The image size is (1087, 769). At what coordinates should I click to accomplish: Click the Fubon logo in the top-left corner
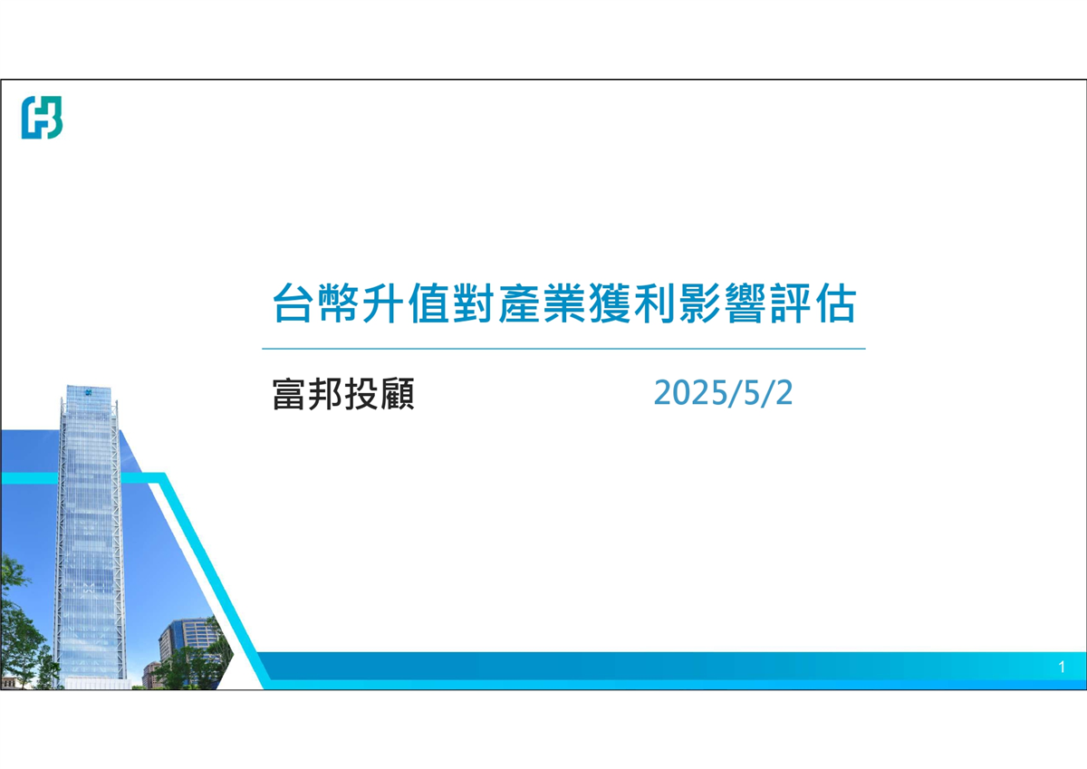43,118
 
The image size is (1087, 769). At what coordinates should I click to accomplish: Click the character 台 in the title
292,303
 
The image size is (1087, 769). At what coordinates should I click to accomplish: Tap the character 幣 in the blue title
338,303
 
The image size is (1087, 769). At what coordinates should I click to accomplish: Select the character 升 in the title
383,303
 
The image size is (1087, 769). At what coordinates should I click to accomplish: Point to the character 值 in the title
428,303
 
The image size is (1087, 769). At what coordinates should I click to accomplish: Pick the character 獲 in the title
610,303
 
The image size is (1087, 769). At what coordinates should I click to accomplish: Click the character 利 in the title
655,303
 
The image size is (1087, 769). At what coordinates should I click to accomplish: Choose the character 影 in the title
699,303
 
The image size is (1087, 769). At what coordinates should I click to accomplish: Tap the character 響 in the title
746,303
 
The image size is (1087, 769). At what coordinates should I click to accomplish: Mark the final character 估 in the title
835,303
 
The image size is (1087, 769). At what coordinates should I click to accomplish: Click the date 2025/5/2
723,392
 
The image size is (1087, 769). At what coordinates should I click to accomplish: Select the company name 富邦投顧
343,394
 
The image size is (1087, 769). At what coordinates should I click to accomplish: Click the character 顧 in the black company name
398,394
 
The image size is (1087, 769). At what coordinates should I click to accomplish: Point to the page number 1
1062,668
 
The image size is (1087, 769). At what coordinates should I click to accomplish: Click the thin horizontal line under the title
563,349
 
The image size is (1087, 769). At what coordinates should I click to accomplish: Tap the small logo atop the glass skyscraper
89,392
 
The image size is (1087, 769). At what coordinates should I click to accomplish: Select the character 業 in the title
563,303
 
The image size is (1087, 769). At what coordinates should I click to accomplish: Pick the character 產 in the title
519,303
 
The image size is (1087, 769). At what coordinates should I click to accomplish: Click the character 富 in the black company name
290,394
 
